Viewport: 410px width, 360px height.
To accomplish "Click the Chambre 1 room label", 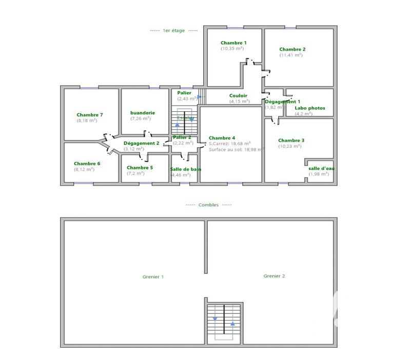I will tap(233, 43).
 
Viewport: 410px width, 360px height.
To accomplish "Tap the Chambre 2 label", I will tap(292, 49).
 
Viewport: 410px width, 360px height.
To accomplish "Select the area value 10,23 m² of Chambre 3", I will tap(291, 146).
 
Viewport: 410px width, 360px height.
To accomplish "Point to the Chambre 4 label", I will tap(222, 138).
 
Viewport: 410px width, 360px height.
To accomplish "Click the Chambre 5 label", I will tap(140, 168).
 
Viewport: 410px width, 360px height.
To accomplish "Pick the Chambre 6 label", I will tap(87, 164).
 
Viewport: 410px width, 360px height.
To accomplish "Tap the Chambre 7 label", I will tap(90, 115).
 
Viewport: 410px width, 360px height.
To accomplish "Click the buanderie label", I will tap(143, 113).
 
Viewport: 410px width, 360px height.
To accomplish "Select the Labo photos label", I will tap(309, 108).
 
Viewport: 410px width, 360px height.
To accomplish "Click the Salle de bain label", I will tap(185, 169).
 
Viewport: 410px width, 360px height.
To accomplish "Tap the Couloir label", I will tap(238, 95).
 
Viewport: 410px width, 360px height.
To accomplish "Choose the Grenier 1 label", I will tap(153, 277).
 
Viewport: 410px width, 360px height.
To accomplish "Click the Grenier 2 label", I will tap(274, 276).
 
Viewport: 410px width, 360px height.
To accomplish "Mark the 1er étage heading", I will tap(173, 31).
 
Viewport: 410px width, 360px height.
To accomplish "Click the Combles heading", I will tap(208, 205).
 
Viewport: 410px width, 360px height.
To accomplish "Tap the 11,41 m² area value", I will tap(291, 55).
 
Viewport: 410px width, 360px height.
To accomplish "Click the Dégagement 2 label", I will tap(142, 143).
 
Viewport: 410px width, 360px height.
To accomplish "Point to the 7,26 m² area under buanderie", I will tap(140, 118).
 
